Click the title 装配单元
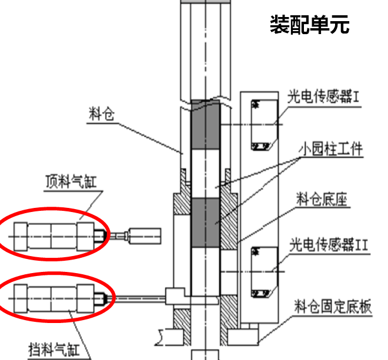(x=309, y=25)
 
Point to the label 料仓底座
(x=321, y=200)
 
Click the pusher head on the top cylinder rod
(x=144, y=235)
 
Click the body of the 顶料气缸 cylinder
(x=53, y=235)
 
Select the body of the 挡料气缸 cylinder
(x=53, y=298)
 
